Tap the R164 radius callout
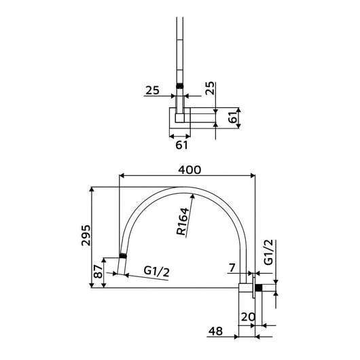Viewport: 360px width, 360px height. pos(183,221)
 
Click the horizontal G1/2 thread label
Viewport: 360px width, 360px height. pos(157,271)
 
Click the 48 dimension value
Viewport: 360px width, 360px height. pos(215,333)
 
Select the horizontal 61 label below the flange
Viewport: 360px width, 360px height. pos(180,145)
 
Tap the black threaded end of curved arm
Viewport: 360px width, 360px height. pos(122,256)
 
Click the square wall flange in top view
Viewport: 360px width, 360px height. pos(180,118)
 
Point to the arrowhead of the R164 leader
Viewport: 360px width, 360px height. pos(194,195)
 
